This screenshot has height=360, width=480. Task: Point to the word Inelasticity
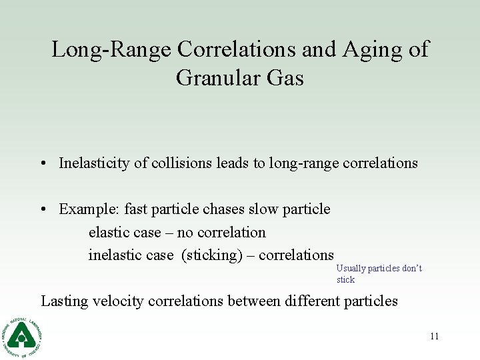[x=94, y=163]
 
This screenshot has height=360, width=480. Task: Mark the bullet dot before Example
[x=42, y=210]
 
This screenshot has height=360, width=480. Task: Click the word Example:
[x=87, y=209]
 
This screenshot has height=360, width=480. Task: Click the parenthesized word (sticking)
[x=213, y=255]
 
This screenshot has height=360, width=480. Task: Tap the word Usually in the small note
[x=351, y=269]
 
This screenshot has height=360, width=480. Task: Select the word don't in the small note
[x=412, y=269]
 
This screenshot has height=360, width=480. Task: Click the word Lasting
[x=65, y=301]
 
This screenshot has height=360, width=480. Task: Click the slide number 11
[x=434, y=336]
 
